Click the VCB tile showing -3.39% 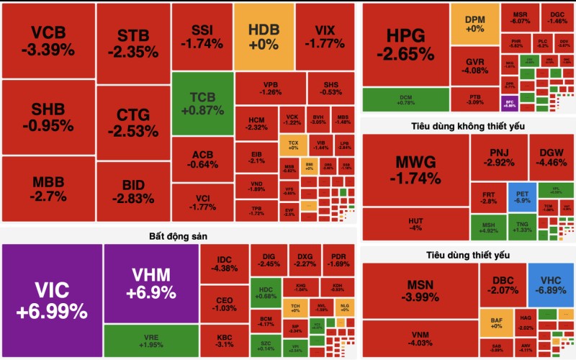click(x=48, y=40)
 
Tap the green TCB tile click(x=202, y=103)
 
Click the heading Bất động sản click(x=178, y=235)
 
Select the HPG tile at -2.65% click(x=405, y=45)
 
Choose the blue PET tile click(x=522, y=196)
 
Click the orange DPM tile click(x=474, y=24)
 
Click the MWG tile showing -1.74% click(x=415, y=170)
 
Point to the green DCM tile click(x=405, y=99)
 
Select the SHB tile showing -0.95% click(x=48, y=117)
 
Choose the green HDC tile click(x=266, y=292)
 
